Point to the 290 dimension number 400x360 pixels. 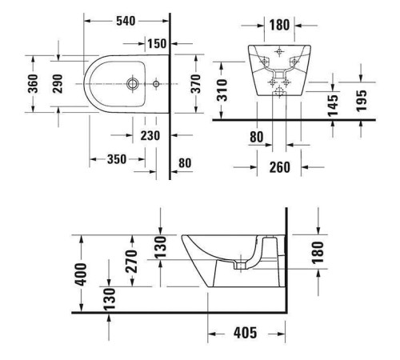click(x=58, y=84)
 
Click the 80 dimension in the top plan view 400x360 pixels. click(x=184, y=163)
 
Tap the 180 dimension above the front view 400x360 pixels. click(x=278, y=25)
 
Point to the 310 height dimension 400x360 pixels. click(x=226, y=90)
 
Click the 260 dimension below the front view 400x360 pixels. click(x=278, y=167)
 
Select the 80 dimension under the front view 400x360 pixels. click(x=256, y=138)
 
